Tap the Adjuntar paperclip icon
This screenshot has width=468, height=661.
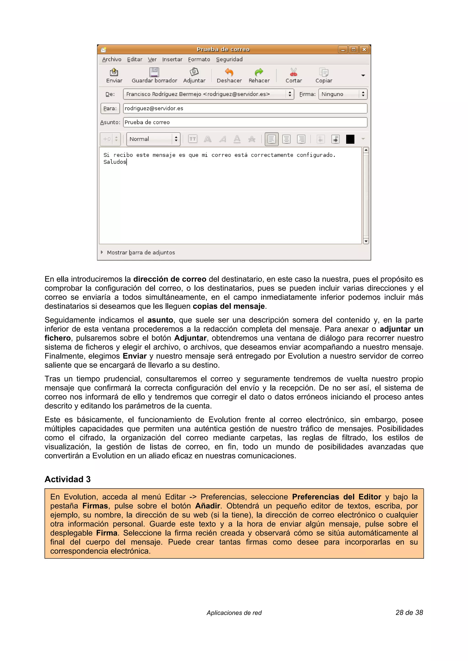coord(194,72)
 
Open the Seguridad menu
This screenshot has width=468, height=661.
coord(229,59)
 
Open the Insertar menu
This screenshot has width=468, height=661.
coord(172,59)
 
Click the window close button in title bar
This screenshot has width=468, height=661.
coord(364,49)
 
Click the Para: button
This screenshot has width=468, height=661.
coord(110,109)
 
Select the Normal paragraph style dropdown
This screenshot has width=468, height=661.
coord(153,139)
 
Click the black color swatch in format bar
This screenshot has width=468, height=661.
coord(350,139)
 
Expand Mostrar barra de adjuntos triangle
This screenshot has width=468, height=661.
coord(102,252)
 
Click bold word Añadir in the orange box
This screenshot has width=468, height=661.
coord(208,506)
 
